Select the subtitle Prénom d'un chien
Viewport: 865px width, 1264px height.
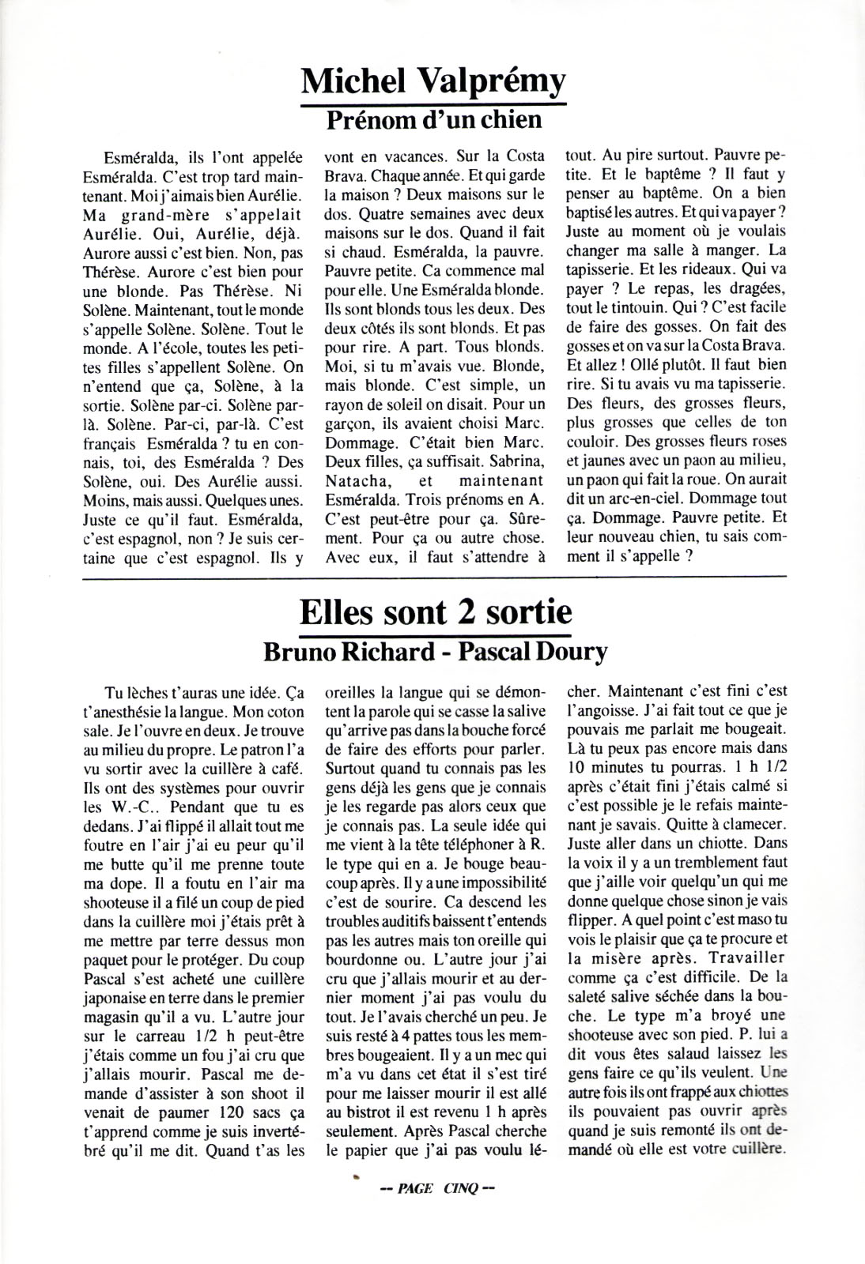[434, 120]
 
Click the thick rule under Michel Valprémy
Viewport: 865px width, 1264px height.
[434, 103]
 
